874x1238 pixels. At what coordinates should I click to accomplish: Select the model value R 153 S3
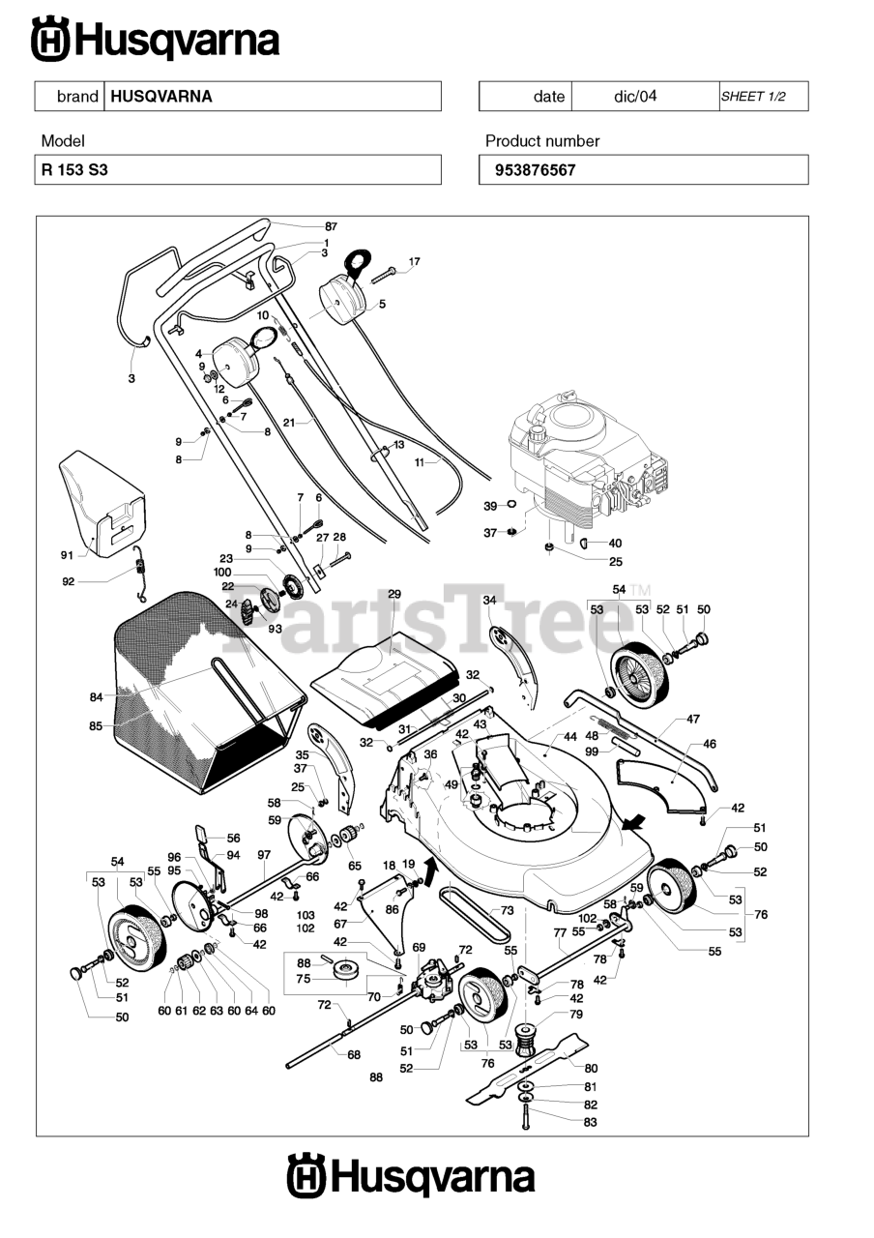coord(74,169)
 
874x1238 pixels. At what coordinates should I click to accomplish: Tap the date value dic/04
coord(635,97)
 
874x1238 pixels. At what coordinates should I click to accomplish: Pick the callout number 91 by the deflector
coord(67,555)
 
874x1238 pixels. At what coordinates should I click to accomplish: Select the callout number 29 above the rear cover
coord(394,594)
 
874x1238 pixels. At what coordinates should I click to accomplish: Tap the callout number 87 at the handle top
coord(331,225)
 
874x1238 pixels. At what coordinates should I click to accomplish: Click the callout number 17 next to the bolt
coord(415,261)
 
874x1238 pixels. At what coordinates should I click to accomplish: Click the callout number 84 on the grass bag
coord(96,696)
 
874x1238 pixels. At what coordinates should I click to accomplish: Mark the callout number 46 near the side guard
coord(710,745)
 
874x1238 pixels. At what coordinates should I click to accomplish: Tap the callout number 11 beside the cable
coord(420,462)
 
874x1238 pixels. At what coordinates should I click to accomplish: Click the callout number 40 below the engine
coord(615,544)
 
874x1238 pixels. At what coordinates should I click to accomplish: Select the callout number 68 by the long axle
coord(354,1055)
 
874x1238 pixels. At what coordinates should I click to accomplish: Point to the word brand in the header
coord(77,97)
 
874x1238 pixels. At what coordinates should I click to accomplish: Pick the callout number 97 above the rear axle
coord(264,854)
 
